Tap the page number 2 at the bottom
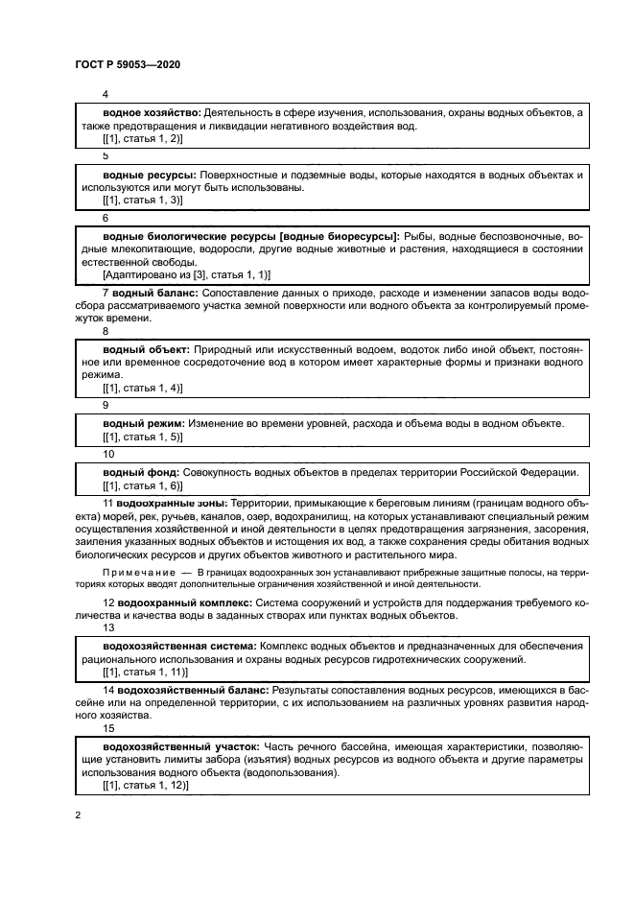[x=78, y=814]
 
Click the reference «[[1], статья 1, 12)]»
[x=145, y=786]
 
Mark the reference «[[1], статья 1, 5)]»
[x=142, y=437]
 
